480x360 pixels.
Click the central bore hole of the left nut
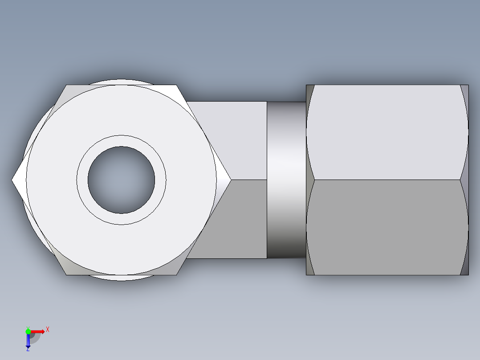point(121,180)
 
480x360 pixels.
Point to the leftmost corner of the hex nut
point(13,180)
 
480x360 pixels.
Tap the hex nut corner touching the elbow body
point(229,180)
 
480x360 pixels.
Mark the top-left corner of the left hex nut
point(67,86)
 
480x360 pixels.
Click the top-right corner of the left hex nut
point(176,86)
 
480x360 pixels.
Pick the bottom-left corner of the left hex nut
point(67,274)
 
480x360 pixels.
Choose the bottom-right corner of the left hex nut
point(176,274)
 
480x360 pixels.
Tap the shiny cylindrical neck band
point(286,180)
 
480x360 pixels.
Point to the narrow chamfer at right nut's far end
point(465,180)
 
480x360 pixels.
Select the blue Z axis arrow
point(28,341)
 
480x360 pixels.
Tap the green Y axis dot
point(28,331)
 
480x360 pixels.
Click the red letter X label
point(48,330)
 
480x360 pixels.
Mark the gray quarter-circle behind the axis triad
point(36,338)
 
